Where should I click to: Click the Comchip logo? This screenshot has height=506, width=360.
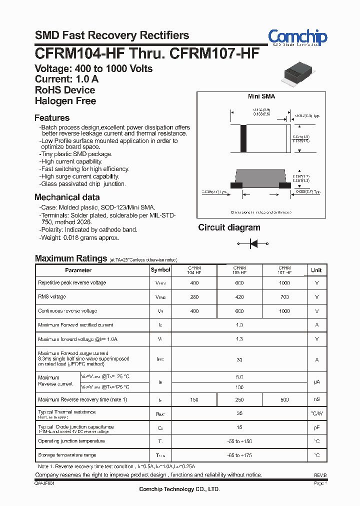(297, 37)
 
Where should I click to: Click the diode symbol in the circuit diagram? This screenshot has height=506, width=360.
(253, 243)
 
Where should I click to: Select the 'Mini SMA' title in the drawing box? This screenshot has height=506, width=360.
(261, 96)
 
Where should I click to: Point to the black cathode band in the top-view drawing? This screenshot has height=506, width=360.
(243, 139)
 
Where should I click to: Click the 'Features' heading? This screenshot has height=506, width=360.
(52, 118)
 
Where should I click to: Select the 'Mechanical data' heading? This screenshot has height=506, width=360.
(67, 197)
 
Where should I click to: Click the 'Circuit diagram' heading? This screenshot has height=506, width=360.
(229, 227)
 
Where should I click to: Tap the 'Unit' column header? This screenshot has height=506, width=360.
(316, 270)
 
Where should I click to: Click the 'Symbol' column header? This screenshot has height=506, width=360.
(160, 270)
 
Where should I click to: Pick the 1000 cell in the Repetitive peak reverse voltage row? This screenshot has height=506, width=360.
(284, 283)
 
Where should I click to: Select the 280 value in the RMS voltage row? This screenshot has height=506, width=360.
(194, 297)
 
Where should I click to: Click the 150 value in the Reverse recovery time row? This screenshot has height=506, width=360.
(194, 399)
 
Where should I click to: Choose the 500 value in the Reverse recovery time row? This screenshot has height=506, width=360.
(284, 399)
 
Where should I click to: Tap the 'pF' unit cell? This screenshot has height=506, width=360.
(316, 427)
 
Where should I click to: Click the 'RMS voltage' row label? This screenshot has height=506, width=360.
(52, 297)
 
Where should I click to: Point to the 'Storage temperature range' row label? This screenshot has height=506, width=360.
(67, 455)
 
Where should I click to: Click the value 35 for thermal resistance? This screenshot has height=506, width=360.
(239, 413)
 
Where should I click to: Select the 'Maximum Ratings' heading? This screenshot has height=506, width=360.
(71, 258)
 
